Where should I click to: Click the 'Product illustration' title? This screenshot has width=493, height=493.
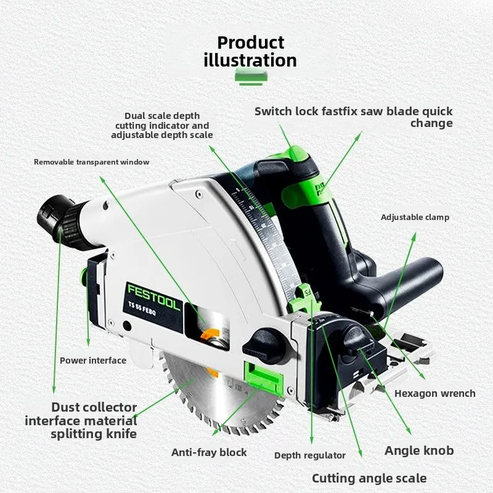pyautogui.click(x=250, y=52)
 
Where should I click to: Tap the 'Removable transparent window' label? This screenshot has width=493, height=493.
pyautogui.click(x=91, y=162)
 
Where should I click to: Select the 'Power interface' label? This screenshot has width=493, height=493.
pyautogui.click(x=93, y=361)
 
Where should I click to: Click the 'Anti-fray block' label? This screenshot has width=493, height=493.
pyautogui.click(x=209, y=452)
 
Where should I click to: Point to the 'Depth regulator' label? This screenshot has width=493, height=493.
pyautogui.click(x=310, y=455)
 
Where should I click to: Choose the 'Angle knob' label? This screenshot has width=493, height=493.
pyautogui.click(x=419, y=450)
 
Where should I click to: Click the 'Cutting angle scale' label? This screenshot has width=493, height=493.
pyautogui.click(x=369, y=478)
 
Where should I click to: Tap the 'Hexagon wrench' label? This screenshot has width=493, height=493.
pyautogui.click(x=435, y=393)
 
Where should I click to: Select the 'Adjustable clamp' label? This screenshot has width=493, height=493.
pyautogui.click(x=415, y=218)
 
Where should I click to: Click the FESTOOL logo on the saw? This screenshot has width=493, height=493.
pyautogui.click(x=153, y=296)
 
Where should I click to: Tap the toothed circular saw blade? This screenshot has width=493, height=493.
pyautogui.click(x=220, y=393)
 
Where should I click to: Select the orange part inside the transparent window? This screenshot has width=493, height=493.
pyautogui.click(x=210, y=335)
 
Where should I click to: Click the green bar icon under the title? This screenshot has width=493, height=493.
pyautogui.click(x=251, y=78)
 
